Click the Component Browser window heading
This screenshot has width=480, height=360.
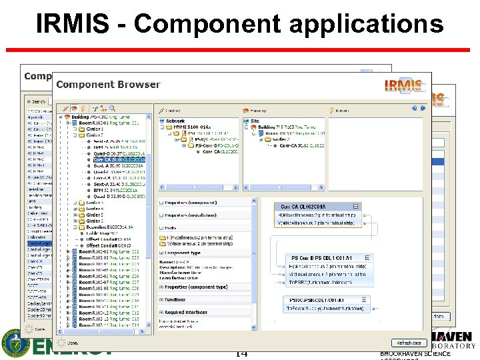(x=108, y=85)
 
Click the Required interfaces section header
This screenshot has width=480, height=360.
(x=186, y=312)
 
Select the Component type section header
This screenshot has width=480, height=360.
(x=183, y=253)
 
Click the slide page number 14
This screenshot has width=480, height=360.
(x=241, y=353)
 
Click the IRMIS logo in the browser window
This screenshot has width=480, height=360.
(x=403, y=85)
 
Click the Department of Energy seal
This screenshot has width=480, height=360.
(x=15, y=343)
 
